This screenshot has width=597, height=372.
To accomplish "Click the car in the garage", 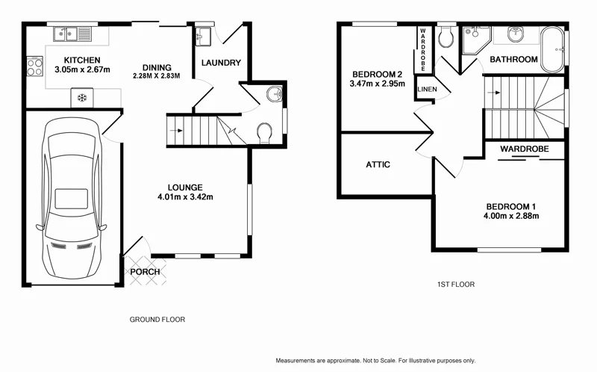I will click(72, 198).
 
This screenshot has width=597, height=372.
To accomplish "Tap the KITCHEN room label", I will click(82, 61).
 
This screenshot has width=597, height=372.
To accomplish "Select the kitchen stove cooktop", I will click(34, 68).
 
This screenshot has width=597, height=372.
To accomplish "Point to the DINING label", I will click(157, 67).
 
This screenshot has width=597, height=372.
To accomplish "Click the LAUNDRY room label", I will click(221, 63).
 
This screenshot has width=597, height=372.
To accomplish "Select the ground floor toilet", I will click(263, 133).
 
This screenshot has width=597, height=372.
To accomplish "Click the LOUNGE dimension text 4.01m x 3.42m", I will click(186, 197).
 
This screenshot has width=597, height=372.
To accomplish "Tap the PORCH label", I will click(145, 271).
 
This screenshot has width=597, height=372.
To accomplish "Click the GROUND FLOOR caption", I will click(157, 319).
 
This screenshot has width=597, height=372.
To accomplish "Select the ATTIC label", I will click(378, 164).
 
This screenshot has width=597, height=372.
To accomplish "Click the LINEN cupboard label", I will click(427, 90).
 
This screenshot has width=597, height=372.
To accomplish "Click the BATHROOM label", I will click(513, 59).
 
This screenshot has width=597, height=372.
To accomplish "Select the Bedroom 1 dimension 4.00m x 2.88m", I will click(512, 217).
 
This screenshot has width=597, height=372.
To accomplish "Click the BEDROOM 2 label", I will click(378, 74).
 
